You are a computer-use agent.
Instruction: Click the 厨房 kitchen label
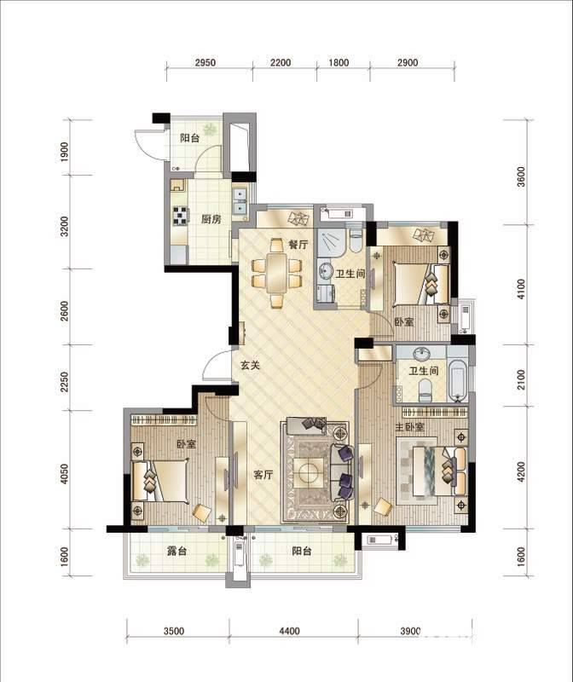(x=211, y=219)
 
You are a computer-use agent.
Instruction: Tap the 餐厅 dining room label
(x=298, y=245)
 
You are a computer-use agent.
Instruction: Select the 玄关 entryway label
(x=250, y=366)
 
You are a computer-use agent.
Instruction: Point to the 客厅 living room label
(x=263, y=475)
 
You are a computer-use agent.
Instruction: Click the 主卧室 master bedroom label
(x=409, y=427)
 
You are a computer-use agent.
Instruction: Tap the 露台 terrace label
(x=177, y=551)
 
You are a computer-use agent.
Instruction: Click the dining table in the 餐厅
(x=277, y=274)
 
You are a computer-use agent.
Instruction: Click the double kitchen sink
(x=240, y=201)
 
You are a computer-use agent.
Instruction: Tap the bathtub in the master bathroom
(x=458, y=380)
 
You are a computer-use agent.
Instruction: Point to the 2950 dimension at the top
(x=205, y=62)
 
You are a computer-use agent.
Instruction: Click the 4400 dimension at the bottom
(x=289, y=631)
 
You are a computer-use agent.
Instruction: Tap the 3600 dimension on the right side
(x=521, y=176)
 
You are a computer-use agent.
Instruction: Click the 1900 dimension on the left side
(x=65, y=153)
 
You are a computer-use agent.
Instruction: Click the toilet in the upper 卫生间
(x=356, y=240)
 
